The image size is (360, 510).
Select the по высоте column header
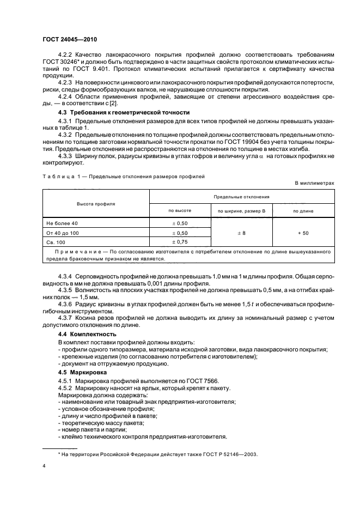pos(179,210)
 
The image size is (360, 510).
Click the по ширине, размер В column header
pos(241,210)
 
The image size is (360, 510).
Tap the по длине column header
pos(303,210)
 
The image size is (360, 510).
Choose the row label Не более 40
pos(63,223)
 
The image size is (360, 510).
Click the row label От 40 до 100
pos(63,233)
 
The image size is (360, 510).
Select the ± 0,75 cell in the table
pos(179,242)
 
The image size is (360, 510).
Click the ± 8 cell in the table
pos(241,233)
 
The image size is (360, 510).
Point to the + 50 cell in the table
pos(303,233)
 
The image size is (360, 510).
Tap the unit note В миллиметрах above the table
pos(314,183)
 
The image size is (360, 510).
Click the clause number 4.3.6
pos(66,303)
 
